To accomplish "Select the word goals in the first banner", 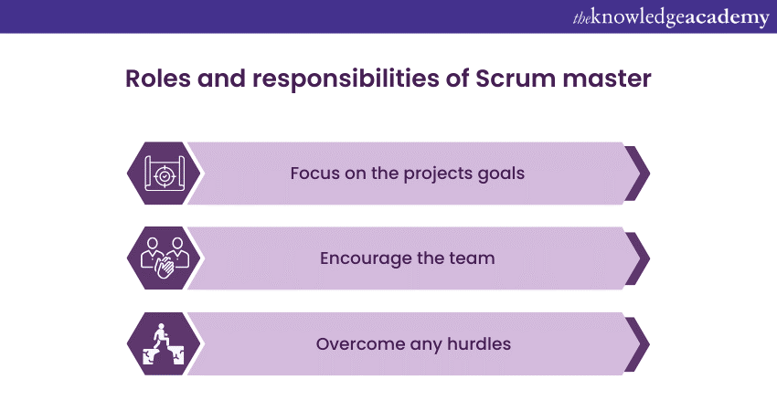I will [501, 174].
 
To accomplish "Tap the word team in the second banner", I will [473, 258].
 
